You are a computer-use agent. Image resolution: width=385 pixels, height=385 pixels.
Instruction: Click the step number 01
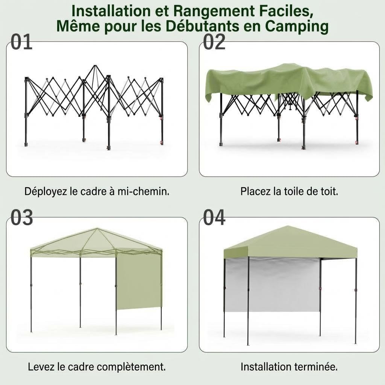(x=21, y=42)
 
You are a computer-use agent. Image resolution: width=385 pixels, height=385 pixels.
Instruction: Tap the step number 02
(x=214, y=42)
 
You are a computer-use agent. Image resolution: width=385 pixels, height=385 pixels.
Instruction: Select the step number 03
(x=21, y=218)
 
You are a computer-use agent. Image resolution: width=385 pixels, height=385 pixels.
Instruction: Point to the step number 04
(x=214, y=218)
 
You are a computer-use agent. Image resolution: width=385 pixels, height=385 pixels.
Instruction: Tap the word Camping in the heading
(x=297, y=27)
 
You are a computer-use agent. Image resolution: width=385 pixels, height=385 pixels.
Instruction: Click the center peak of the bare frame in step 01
(x=95, y=65)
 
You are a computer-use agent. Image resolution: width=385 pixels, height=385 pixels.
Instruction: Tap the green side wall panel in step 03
(x=139, y=282)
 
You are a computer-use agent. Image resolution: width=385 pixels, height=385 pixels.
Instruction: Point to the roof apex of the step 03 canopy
(x=97, y=229)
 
